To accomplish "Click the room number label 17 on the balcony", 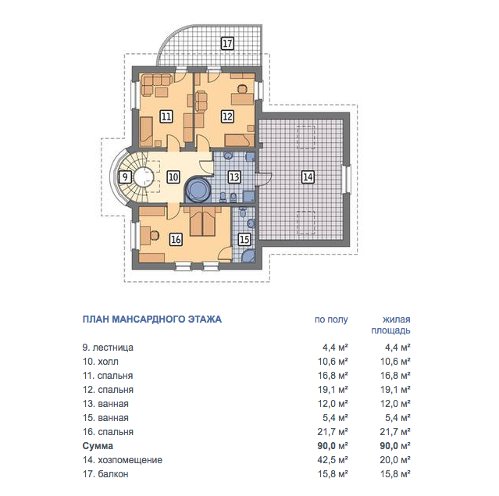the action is pyautogui.click(x=227, y=43).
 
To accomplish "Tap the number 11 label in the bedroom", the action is pyautogui.click(x=166, y=116).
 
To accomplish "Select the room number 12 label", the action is pyautogui.click(x=227, y=116).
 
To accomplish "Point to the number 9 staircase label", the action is pyautogui.click(x=125, y=177).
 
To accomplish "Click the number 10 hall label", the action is pyautogui.click(x=173, y=177).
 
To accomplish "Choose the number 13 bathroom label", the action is pyautogui.click(x=234, y=177).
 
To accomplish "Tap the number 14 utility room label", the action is pyautogui.click(x=308, y=177).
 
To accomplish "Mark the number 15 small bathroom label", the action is pyautogui.click(x=244, y=239).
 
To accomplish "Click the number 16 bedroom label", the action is pyautogui.click(x=176, y=239).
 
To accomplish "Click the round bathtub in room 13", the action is pyautogui.click(x=198, y=190).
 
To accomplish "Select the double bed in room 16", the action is pyautogui.click(x=202, y=222).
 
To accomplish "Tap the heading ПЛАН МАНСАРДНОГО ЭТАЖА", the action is pyautogui.click(x=152, y=319).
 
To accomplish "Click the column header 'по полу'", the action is pyautogui.click(x=331, y=319).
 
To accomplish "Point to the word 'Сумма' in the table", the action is pyautogui.click(x=98, y=446).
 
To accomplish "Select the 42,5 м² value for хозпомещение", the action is pyautogui.click(x=333, y=460).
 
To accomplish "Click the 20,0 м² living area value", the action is pyautogui.click(x=395, y=460).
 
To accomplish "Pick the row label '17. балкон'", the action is pyautogui.click(x=105, y=474).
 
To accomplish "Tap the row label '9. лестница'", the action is pyautogui.click(x=108, y=348).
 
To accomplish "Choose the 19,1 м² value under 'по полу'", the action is pyautogui.click(x=333, y=390).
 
